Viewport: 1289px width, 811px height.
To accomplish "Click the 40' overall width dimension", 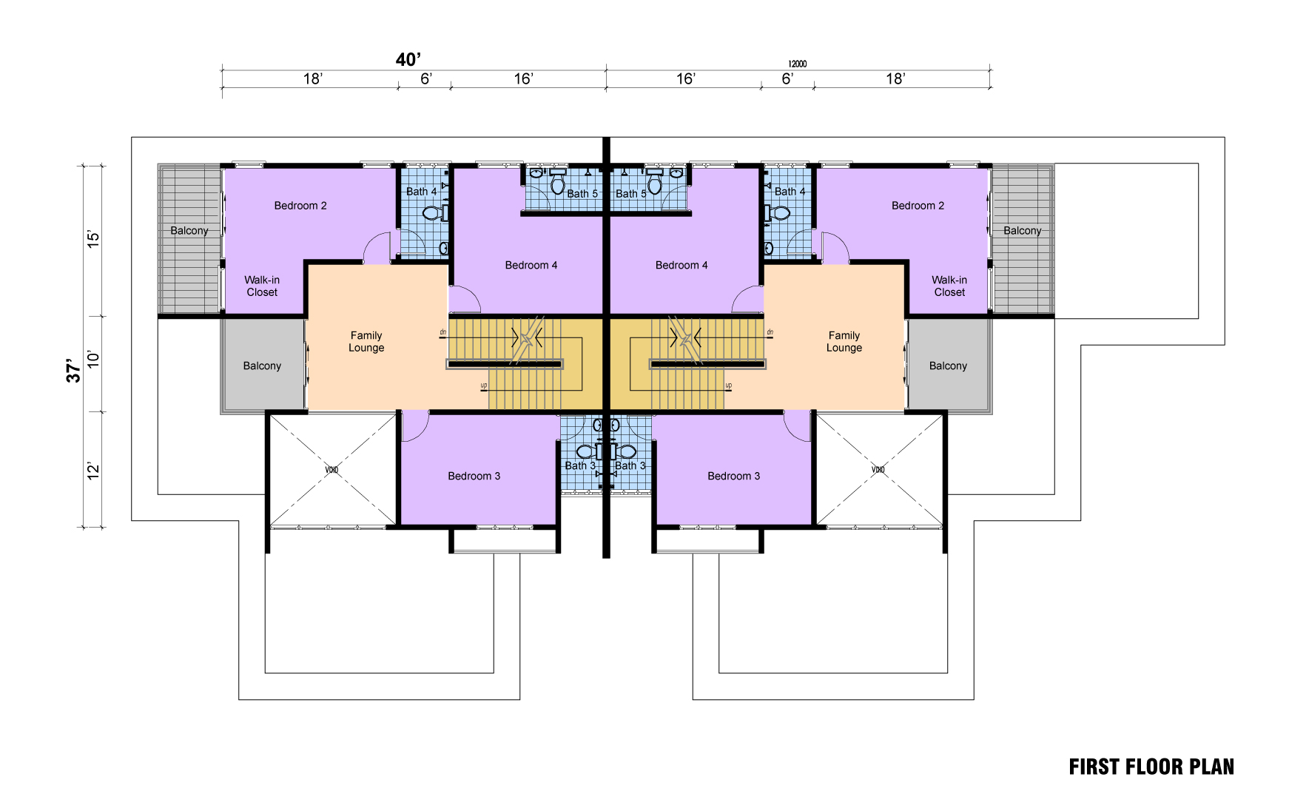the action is coord(408,60).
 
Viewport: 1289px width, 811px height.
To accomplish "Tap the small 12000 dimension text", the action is coord(797,64).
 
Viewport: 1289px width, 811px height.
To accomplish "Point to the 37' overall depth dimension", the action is coord(73,371).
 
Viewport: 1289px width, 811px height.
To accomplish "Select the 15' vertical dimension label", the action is coord(93,238).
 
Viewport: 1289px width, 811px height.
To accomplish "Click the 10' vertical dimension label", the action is coord(93,360).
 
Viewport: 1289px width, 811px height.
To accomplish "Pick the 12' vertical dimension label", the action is coord(93,471).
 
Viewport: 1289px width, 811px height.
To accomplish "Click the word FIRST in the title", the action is coord(1094,767).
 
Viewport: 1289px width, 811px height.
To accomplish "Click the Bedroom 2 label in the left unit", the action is coord(300,206).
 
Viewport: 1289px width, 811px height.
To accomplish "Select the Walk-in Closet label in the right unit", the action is coord(949,286).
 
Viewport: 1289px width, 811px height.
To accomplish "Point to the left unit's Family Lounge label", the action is coord(366,341).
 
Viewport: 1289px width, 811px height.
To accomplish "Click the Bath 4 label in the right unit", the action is coord(790,192).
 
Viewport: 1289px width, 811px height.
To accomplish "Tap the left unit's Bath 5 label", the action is coord(582,194).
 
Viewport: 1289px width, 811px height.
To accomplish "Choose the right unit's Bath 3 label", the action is coord(630,465).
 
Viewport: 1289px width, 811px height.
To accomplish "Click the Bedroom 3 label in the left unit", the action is coord(474,476).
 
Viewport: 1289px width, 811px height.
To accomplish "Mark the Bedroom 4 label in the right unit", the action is coord(681,265).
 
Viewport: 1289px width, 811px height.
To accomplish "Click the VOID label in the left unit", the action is coord(331,470).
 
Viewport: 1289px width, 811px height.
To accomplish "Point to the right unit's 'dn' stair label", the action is coord(770,332).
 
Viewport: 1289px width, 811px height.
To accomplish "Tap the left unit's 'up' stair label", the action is coord(484,386).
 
